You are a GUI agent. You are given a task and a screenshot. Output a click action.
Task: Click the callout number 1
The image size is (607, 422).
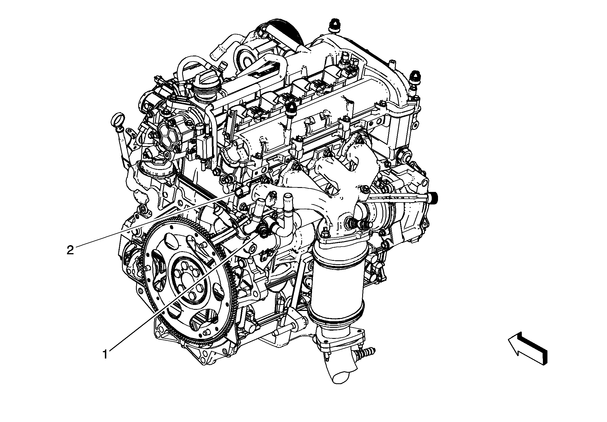105,354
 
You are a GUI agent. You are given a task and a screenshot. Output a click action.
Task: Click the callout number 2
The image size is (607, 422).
70,250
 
